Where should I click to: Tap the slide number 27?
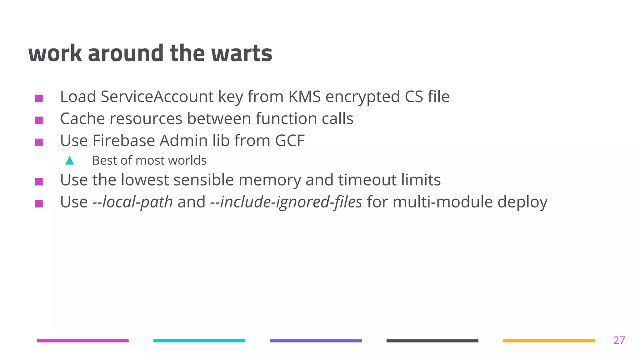coord(619,340)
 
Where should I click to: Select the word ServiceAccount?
coord(157,97)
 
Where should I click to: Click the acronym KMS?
coord(304,97)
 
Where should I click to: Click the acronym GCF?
coord(290,141)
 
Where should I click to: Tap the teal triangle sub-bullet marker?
coord(70,161)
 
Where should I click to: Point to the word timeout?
coord(367,180)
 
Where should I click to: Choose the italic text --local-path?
coord(132,202)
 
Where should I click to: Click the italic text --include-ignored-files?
coord(286,202)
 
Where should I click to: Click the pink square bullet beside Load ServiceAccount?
coord(39,98)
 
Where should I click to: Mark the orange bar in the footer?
coord(549,341)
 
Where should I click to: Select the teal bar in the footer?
coord(199,341)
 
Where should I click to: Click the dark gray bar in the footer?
coord(432,341)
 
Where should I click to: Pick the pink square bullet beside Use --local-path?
coord(39,204)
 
